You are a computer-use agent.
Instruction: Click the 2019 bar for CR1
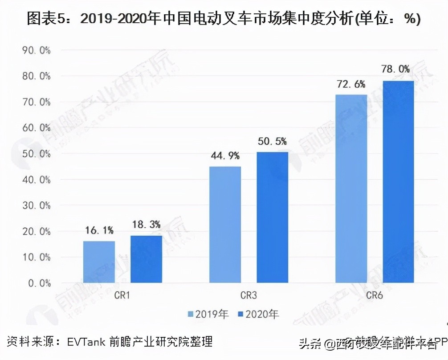[99, 262]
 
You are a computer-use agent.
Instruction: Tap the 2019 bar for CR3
[225, 225]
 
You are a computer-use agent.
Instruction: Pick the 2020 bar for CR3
[272, 217]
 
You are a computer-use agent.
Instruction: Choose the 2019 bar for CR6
[351, 188]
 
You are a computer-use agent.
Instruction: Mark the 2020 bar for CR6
[398, 182]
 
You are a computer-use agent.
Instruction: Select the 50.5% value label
[272, 141]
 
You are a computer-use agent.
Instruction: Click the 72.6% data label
[350, 84]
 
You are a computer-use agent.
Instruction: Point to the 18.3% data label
[146, 225]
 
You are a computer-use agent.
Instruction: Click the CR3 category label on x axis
[248, 295]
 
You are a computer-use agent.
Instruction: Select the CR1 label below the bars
[122, 295]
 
